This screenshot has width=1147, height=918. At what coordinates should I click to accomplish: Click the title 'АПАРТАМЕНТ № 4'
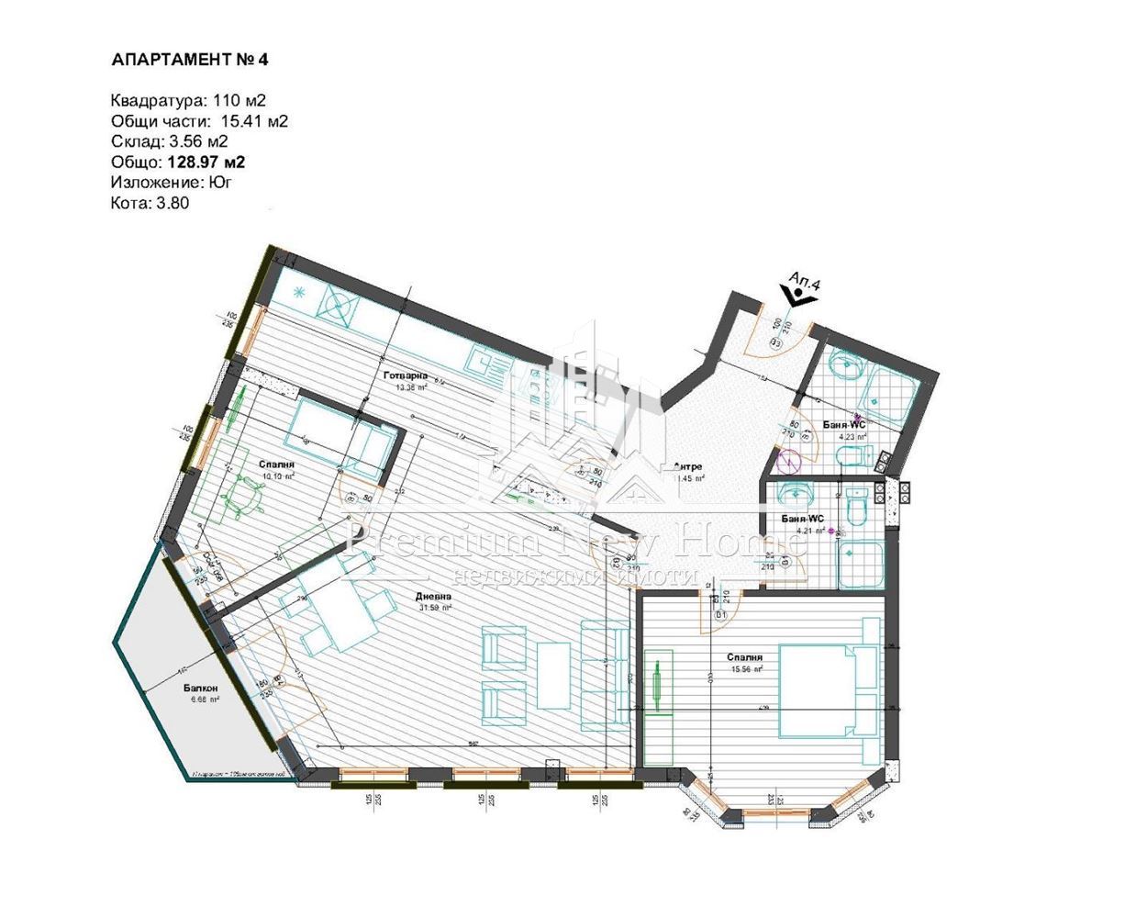tap(189, 61)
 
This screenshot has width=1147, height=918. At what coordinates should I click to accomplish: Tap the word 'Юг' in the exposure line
tap(220, 183)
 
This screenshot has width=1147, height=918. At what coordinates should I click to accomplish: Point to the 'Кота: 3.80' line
tap(150, 204)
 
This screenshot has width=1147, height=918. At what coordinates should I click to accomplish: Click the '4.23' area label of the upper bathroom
tap(852, 437)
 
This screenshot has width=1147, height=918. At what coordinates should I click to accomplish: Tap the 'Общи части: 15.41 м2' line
tap(199, 121)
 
